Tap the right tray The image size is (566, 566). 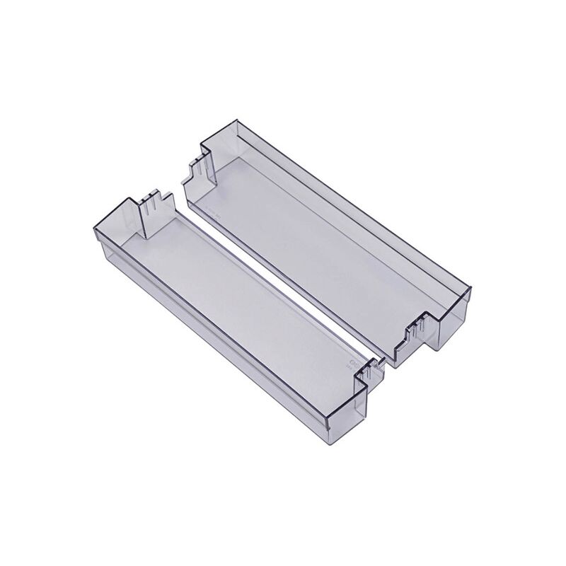(x=333, y=226)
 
